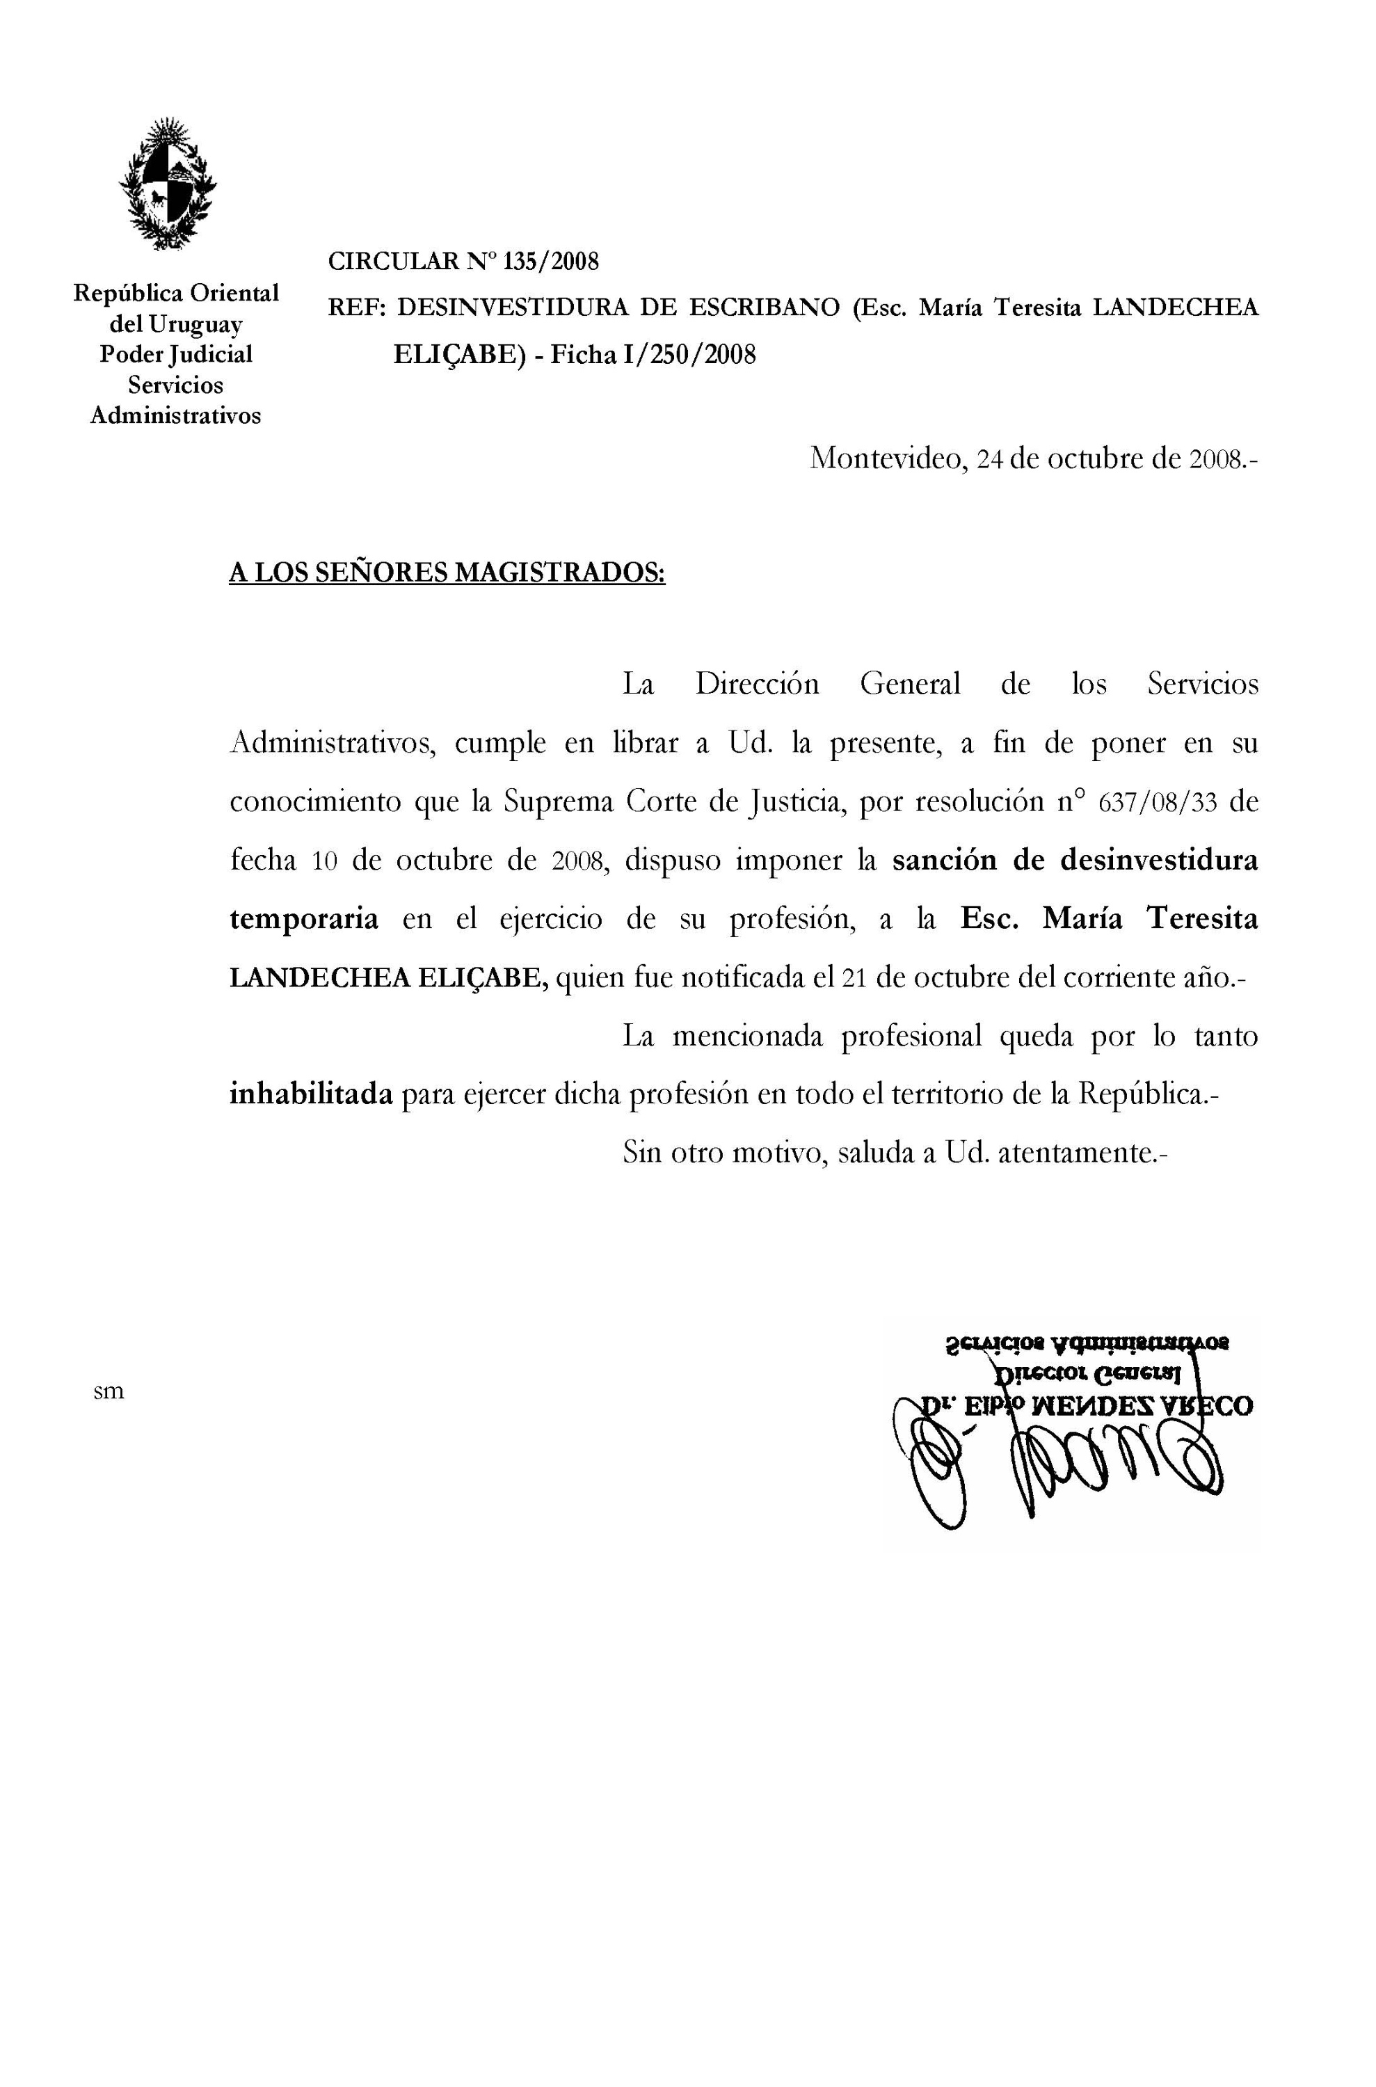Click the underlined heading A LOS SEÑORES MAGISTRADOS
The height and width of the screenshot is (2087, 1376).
(x=447, y=573)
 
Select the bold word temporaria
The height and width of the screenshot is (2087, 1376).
(x=303, y=919)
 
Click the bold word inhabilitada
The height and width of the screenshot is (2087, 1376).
(x=311, y=1095)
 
